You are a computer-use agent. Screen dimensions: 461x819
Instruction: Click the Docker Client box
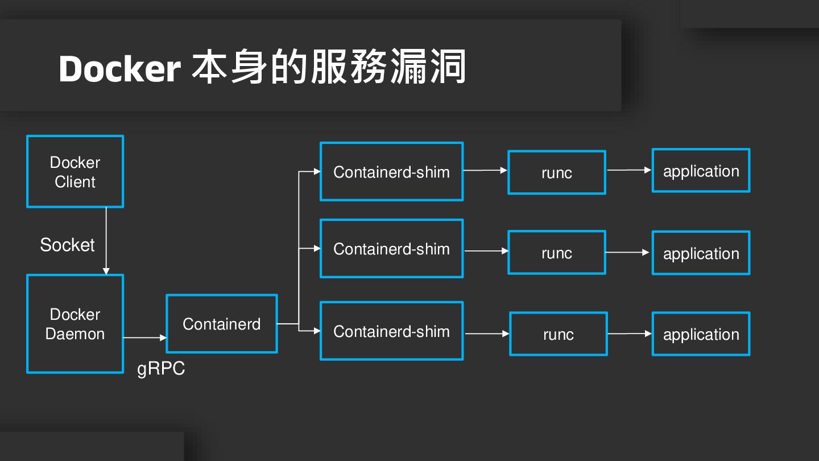point(75,171)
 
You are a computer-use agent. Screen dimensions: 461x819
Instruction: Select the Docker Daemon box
point(75,324)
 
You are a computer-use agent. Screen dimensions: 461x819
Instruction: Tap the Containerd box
point(222,324)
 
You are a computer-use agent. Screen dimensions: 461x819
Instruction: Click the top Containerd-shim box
point(392,171)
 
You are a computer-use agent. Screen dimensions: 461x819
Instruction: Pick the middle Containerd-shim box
point(392,249)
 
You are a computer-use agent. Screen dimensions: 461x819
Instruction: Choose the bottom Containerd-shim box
point(392,331)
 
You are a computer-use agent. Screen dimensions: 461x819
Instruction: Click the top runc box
point(557,172)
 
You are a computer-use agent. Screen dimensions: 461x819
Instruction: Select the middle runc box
point(557,253)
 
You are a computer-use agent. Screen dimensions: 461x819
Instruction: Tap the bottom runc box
point(559,334)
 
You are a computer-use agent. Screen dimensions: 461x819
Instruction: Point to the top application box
point(701,171)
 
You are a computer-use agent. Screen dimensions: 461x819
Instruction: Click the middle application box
point(701,253)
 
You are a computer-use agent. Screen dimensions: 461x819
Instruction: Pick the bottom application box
point(701,334)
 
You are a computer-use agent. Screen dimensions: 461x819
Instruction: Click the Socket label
point(67,245)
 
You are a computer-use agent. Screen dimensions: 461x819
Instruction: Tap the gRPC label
point(161,369)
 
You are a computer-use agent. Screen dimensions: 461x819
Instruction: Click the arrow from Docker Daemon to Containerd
point(144,337)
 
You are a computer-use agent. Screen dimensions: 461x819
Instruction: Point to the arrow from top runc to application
point(629,170)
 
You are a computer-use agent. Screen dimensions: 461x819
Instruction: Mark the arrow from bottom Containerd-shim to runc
point(487,334)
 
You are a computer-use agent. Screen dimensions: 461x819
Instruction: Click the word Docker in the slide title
point(119,69)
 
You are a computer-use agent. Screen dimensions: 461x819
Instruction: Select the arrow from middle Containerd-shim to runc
point(486,250)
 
